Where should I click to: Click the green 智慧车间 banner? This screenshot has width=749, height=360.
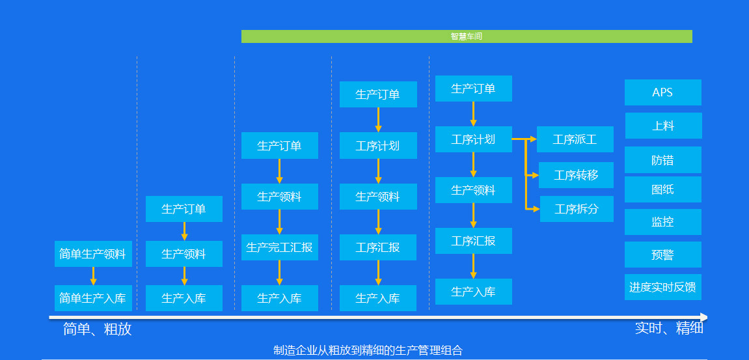466,36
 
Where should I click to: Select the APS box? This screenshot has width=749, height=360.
662,92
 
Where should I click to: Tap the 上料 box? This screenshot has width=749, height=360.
663,126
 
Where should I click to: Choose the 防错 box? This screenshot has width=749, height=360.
662,159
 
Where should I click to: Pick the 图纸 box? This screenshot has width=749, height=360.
662,189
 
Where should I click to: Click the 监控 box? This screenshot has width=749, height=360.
662,222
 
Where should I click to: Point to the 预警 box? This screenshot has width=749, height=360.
662,255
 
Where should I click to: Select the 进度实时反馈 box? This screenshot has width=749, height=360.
662,287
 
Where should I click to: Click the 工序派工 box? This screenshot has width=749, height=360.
575,139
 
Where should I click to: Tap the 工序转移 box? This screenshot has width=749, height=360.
576,175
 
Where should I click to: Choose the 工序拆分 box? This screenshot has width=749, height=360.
577,209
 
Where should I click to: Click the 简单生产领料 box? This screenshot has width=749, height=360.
93,254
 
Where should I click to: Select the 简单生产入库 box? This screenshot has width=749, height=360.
93,298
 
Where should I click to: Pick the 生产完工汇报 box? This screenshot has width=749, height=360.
279,247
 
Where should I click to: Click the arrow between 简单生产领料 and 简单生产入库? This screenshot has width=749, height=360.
94,276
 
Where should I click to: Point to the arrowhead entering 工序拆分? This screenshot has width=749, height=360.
536,209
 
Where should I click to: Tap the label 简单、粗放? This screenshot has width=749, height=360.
98,329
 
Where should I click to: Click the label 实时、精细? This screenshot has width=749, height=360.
669,328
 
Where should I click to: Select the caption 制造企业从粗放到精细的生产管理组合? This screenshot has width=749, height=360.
368,350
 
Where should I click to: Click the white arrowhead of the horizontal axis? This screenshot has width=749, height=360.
703,317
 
